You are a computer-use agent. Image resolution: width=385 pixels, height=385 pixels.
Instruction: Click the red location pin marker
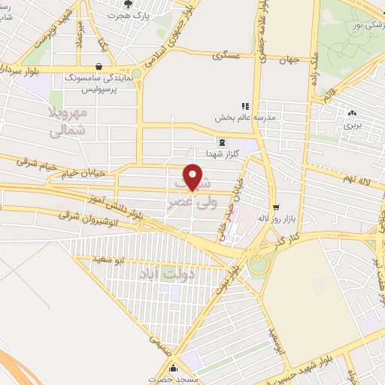click(x=194, y=177)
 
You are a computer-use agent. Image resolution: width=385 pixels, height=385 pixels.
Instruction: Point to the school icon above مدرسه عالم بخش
click(x=244, y=106)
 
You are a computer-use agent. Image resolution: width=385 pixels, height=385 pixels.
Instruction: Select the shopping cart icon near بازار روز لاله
click(x=276, y=207)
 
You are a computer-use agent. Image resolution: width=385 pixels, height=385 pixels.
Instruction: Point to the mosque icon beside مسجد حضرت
click(x=174, y=368)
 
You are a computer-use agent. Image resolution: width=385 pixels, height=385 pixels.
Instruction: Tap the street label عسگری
click(x=226, y=55)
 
